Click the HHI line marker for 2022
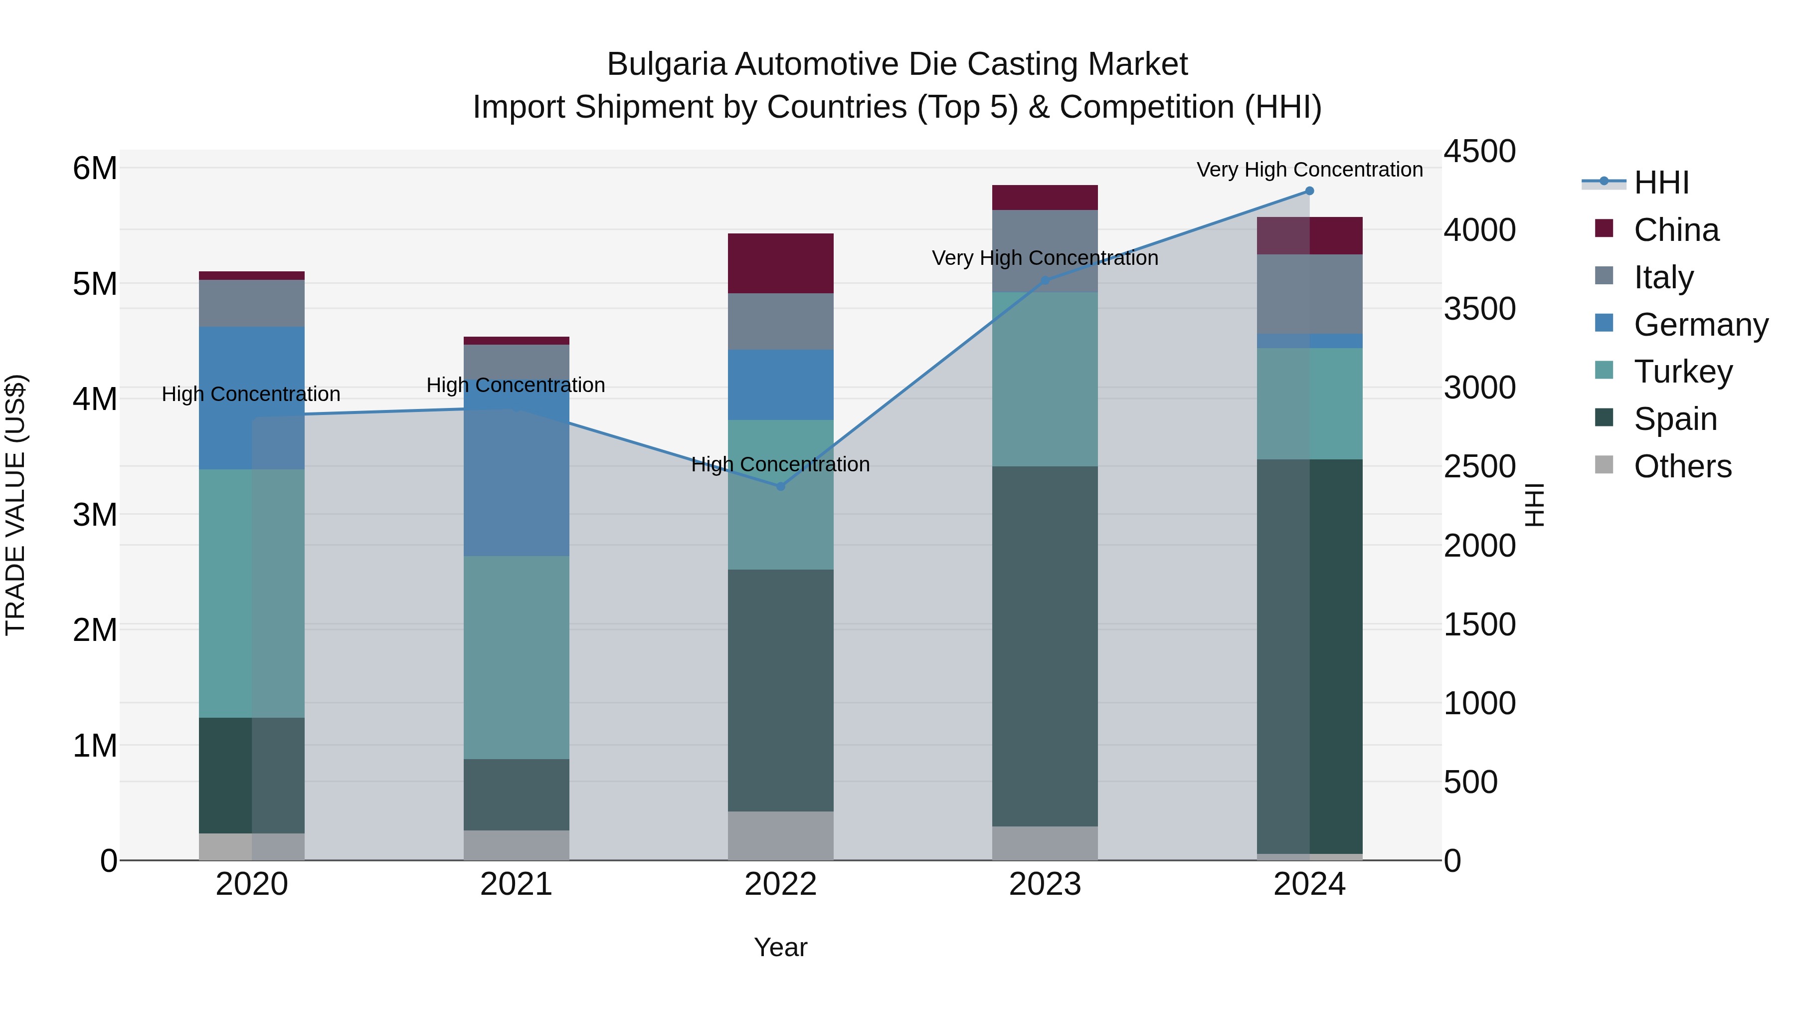pyautogui.click(x=780, y=486)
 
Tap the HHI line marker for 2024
pyautogui.click(x=1309, y=191)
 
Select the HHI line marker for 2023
pyautogui.click(x=1045, y=280)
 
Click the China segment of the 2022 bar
pyautogui.click(x=780, y=263)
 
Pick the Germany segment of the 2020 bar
pyautogui.click(x=252, y=398)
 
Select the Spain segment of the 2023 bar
pyautogui.click(x=1045, y=645)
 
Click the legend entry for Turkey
pyautogui.click(x=1683, y=372)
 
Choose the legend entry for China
pyautogui.click(x=1676, y=230)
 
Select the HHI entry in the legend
pyautogui.click(x=1660, y=183)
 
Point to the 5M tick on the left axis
pyautogui.click(x=95, y=284)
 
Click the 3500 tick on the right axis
pyautogui.click(x=1479, y=308)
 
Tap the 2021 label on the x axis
pyautogui.click(x=517, y=884)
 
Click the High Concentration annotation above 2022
pyautogui.click(x=780, y=464)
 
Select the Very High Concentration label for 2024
pyautogui.click(x=1309, y=170)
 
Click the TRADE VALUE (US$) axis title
pyautogui.click(x=15, y=505)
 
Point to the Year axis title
pyautogui.click(x=780, y=947)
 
